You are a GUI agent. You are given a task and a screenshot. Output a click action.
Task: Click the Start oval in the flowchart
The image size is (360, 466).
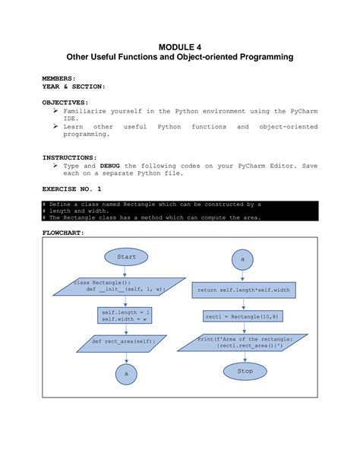click(x=126, y=257)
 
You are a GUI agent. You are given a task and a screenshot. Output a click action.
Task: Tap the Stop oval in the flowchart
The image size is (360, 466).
click(x=245, y=371)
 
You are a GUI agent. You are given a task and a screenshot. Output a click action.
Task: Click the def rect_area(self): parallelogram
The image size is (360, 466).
click(x=124, y=342)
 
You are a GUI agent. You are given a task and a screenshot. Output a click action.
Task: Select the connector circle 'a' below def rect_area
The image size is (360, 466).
click(x=126, y=374)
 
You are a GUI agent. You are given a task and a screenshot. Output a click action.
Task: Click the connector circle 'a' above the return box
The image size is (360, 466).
click(x=244, y=259)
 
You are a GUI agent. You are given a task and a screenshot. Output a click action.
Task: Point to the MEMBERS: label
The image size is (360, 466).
click(x=58, y=78)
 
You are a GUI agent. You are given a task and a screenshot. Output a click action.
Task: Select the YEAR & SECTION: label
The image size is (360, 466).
click(x=74, y=87)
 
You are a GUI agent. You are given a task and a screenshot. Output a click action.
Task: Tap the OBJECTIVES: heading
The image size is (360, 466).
click(x=65, y=102)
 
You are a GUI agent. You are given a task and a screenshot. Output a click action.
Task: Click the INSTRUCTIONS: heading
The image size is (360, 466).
click(x=70, y=157)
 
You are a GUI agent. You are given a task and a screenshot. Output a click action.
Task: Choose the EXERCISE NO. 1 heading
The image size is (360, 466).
click(x=71, y=187)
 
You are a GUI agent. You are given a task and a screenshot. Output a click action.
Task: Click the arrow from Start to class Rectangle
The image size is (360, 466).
click(x=126, y=271)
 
